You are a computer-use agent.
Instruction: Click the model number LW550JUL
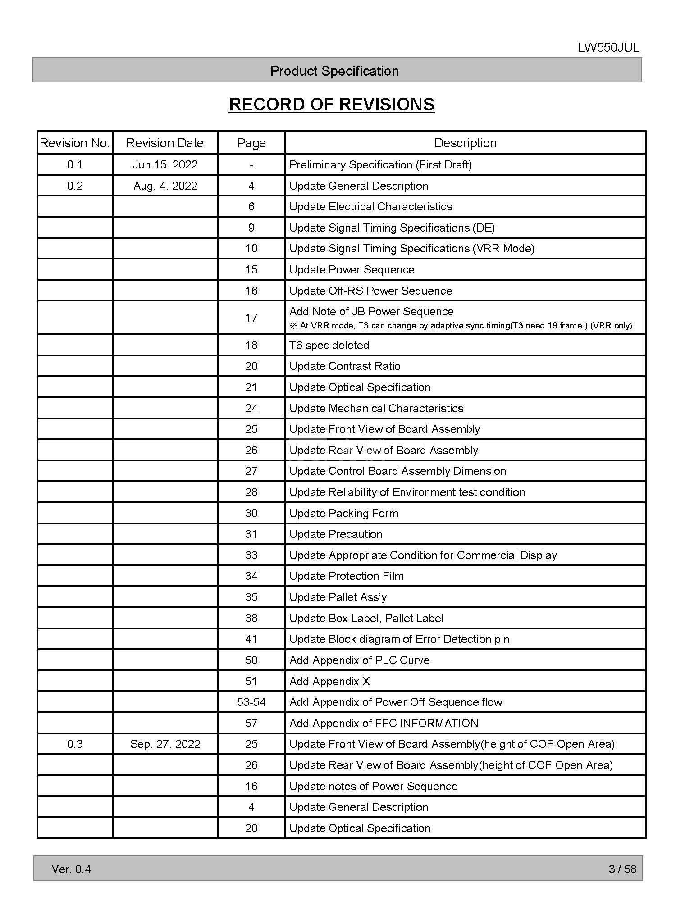tap(608, 48)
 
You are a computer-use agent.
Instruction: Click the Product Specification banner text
tap(334, 71)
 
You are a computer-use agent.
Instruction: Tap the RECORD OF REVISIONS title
tap(331, 104)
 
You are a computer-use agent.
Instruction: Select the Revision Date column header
tap(164, 143)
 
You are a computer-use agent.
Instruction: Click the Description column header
tap(465, 143)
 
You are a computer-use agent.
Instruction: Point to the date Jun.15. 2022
tap(165, 164)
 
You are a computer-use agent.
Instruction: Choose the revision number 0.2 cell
tap(75, 186)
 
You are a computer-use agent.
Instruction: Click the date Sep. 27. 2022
tap(165, 744)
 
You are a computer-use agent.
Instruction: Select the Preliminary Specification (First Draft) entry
tap(380, 164)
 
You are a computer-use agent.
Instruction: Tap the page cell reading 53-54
tap(251, 702)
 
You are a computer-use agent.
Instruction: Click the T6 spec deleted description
tap(329, 345)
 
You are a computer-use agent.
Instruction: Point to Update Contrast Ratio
tap(345, 366)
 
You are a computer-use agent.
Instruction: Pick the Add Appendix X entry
tap(329, 681)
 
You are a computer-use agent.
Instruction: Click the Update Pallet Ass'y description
tap(338, 597)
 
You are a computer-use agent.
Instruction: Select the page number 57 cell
tap(251, 723)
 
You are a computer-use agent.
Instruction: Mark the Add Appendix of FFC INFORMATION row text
tap(384, 723)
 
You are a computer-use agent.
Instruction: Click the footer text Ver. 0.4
tap(71, 869)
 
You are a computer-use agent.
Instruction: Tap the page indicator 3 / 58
tap(622, 869)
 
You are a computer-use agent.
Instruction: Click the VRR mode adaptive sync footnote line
tap(461, 326)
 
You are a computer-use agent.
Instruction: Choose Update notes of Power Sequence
tap(373, 786)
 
